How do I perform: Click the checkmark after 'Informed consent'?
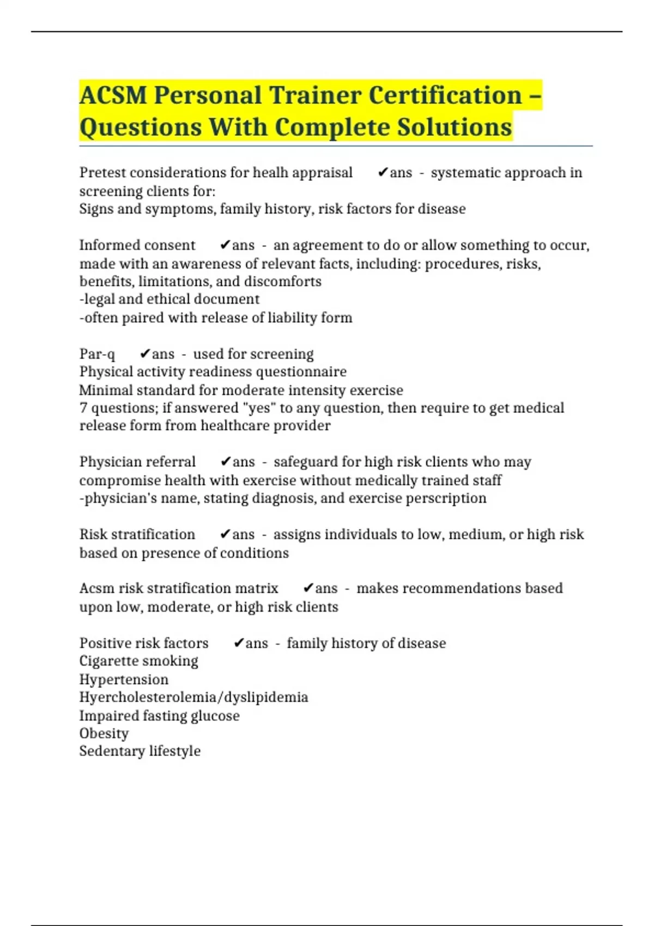226,245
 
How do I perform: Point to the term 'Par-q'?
97,354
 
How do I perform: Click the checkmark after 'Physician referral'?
226,462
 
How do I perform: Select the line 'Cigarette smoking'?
139,661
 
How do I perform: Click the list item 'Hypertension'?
124,680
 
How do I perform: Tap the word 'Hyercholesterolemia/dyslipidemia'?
193,697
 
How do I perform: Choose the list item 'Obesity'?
104,734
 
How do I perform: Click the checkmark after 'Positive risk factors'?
239,643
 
